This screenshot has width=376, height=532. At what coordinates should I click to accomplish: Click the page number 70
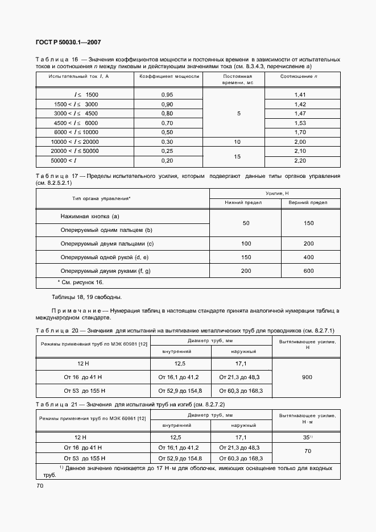coord(40,485)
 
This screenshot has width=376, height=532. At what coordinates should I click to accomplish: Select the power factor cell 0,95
coord(167,94)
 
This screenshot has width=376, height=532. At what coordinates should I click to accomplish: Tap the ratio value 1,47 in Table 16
coord(300,114)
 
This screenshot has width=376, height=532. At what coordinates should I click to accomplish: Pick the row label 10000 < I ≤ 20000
coord(75,142)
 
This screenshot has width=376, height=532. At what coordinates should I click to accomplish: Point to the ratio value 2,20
coord(300,161)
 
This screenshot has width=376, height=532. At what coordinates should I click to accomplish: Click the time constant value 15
coord(238,156)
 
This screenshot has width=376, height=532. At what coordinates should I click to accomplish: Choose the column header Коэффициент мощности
coord(170,76)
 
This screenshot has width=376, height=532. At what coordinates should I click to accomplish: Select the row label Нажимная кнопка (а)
coord(90,217)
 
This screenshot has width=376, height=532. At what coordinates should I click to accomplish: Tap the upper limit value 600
coord(309,271)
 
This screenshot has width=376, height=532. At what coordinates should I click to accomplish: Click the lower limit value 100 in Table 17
coord(246,243)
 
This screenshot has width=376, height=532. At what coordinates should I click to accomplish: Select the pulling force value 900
coord(307,377)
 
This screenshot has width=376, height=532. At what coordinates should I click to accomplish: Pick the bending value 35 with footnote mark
coord(307,438)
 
